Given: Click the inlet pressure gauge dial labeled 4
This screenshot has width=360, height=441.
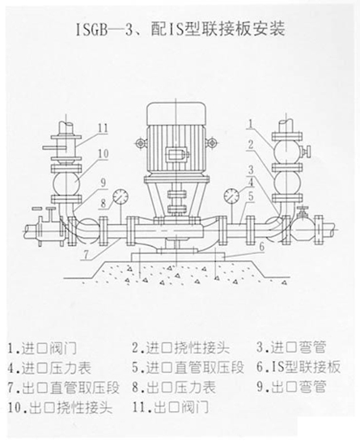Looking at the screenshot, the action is (x=231, y=195).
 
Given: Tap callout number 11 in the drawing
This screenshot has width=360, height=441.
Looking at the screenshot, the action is (x=103, y=128).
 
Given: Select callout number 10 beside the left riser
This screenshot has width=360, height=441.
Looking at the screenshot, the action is (x=104, y=154).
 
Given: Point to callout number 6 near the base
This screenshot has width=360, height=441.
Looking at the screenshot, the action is (x=262, y=247).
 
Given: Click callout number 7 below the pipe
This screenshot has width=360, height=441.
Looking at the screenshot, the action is (x=87, y=254).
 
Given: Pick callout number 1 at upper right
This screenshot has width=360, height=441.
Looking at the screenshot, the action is (x=251, y=123).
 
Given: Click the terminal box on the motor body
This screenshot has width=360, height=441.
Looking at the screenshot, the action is (x=176, y=155).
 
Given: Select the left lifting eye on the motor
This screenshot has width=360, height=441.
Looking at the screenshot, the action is (x=140, y=143).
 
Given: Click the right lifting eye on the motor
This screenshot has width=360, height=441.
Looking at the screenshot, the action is (x=212, y=141).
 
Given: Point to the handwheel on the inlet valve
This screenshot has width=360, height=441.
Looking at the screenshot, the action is (x=309, y=152).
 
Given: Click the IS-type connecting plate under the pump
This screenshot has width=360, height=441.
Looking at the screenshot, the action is (x=178, y=257).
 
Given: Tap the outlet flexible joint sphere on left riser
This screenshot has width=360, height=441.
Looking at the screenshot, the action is (x=66, y=183).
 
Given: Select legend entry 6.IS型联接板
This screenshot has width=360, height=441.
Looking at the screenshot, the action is (x=299, y=367).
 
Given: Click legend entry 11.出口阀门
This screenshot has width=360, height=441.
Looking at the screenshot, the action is (x=171, y=407).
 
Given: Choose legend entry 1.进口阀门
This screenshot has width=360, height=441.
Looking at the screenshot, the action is (x=42, y=348).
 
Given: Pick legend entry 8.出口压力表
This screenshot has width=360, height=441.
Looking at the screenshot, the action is (x=174, y=387).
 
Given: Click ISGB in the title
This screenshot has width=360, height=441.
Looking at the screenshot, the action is (x=92, y=29).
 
